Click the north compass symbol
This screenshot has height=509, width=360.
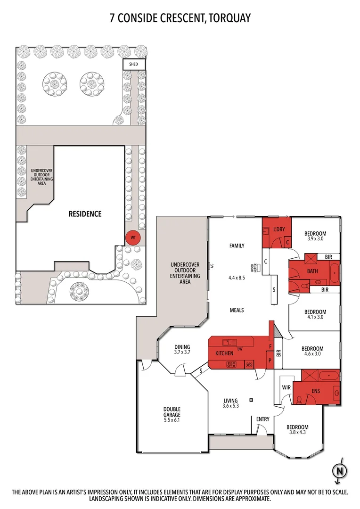(x=338, y=470)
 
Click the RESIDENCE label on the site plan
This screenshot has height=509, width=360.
(x=85, y=213)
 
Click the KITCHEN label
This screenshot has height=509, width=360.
(x=225, y=353)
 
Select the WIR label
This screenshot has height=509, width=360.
(x=286, y=387)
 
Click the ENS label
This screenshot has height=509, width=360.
(x=316, y=391)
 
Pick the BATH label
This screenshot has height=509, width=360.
(x=312, y=271)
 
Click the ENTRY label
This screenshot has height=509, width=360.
(x=263, y=419)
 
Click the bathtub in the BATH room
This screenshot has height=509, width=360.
(x=334, y=272)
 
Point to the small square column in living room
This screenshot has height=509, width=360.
(x=251, y=400)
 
